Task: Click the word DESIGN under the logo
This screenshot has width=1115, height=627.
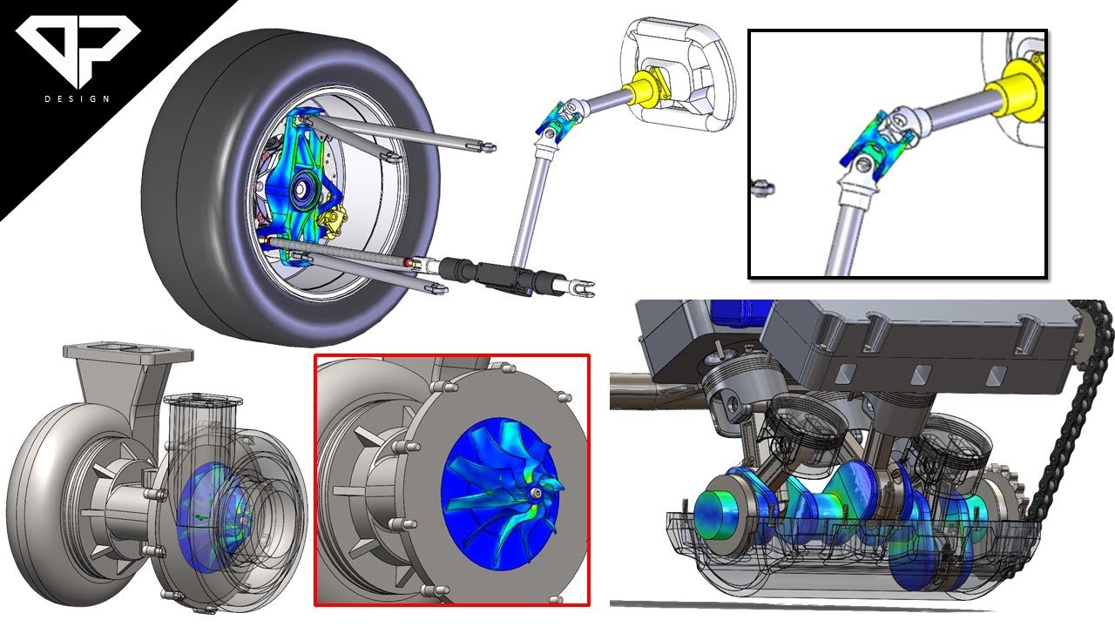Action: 78,98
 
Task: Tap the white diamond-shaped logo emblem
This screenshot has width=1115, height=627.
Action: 78,49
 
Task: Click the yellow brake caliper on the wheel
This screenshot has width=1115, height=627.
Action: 333,220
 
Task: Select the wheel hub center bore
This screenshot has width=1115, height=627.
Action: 301,189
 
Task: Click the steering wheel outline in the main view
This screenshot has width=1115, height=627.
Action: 678,75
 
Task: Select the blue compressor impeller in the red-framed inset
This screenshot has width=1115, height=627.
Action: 502,493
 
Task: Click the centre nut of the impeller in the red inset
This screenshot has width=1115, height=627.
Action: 535,492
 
